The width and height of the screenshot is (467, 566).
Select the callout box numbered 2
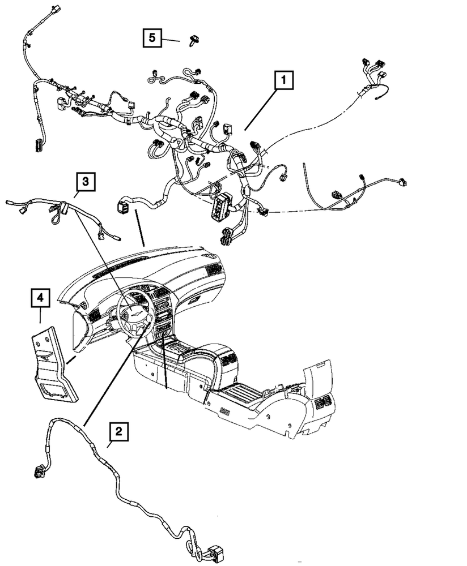[x=118, y=432]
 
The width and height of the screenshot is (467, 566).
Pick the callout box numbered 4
[x=40, y=297]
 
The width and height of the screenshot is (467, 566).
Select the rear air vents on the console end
[x=322, y=403]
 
